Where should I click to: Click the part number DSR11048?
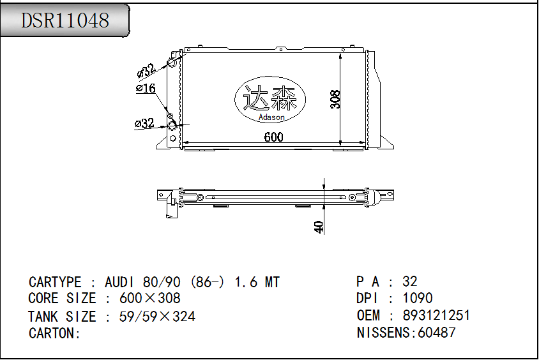(65, 20)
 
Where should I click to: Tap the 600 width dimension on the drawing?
(273, 137)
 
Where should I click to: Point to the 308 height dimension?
(335, 99)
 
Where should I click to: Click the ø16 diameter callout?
(146, 89)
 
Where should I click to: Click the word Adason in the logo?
(271, 117)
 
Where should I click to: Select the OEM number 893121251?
(436, 315)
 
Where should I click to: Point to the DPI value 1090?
(418, 298)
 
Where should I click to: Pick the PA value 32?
(410, 281)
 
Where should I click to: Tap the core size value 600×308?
(150, 298)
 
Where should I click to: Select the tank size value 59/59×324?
(157, 316)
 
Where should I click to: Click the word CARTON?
(54, 333)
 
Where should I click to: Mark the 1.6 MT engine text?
(257, 282)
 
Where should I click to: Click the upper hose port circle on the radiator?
(172, 62)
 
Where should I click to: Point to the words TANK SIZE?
(62, 316)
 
